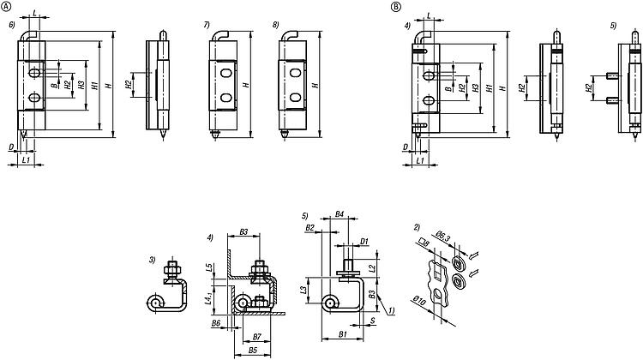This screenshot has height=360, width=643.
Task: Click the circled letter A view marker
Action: point(8,6)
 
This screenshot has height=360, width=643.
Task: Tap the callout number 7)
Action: point(206,26)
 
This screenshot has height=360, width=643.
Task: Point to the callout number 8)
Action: point(274,26)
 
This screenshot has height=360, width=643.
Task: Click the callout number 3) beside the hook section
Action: point(152,258)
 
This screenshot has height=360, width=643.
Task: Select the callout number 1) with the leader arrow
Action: point(393,310)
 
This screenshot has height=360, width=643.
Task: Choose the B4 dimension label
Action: point(340,213)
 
